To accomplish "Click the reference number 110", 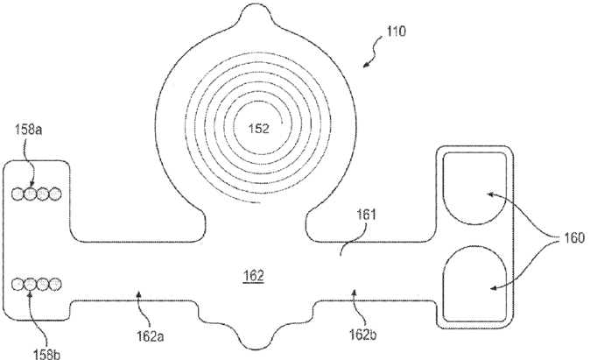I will tap(395, 32).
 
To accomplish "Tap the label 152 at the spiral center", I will tap(259, 127).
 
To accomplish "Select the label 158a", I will tap(26, 130).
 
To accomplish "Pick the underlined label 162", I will tap(254, 275).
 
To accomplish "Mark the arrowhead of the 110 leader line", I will tap(369, 66).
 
